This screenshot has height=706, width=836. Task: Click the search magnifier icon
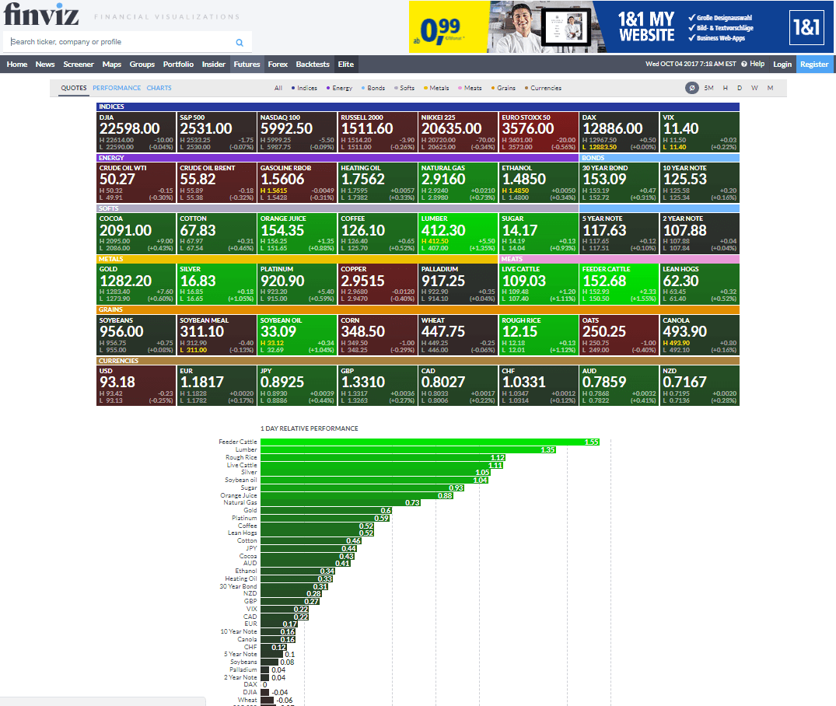[240, 43]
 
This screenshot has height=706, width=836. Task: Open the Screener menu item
[79, 65]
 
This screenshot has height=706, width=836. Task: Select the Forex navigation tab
[278, 65]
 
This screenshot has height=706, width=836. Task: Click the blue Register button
[814, 65]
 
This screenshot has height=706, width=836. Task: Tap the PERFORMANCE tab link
[117, 88]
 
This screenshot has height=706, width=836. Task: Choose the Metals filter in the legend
[436, 89]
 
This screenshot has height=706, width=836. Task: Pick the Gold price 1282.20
[126, 281]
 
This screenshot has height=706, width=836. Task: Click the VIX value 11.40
[681, 128]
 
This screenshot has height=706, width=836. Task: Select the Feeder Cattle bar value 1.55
[592, 442]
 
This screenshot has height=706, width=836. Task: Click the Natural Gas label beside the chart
[240, 503]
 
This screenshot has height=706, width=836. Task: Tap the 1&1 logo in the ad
[806, 26]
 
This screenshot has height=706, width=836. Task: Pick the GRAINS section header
[111, 309]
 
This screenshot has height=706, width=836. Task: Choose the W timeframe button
[754, 88]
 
